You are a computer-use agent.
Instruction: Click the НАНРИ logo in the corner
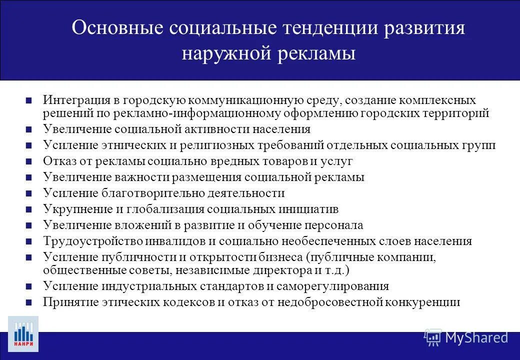[x=23, y=333]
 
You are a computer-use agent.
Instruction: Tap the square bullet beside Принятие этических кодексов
[x=29, y=302]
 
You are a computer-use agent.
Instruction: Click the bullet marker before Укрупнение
[x=29, y=209]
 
